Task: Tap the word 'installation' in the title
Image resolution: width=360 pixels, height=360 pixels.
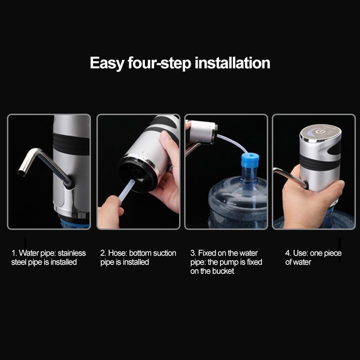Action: tap(232, 63)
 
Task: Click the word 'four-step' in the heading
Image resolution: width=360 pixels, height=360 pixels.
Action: tap(158, 63)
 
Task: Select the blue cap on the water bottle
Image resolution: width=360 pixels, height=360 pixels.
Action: tap(250, 161)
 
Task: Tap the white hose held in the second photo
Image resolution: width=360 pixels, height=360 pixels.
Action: tap(128, 191)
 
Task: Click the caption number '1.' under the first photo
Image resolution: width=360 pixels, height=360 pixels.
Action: tap(14, 253)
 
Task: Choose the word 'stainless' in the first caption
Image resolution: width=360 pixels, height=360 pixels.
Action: tap(72, 253)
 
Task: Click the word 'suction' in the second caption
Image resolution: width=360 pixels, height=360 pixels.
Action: tap(164, 253)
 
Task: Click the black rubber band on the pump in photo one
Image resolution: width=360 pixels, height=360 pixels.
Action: tap(71, 144)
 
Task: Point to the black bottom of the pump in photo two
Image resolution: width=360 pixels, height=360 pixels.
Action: tap(138, 173)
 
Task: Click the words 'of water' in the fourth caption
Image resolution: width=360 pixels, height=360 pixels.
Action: tap(298, 262)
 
